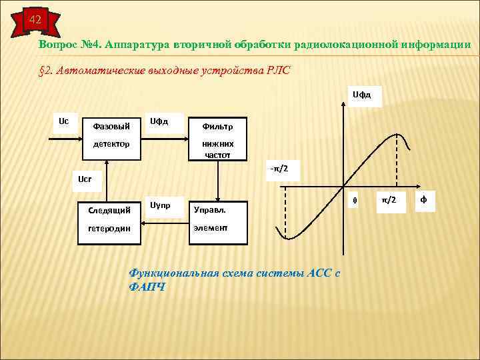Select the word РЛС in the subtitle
(277, 71)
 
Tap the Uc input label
(63, 121)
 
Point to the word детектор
(109, 143)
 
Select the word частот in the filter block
(217, 155)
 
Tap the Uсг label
(85, 179)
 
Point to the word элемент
(210, 227)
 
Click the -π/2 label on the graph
(280, 167)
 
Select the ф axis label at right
(424, 200)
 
